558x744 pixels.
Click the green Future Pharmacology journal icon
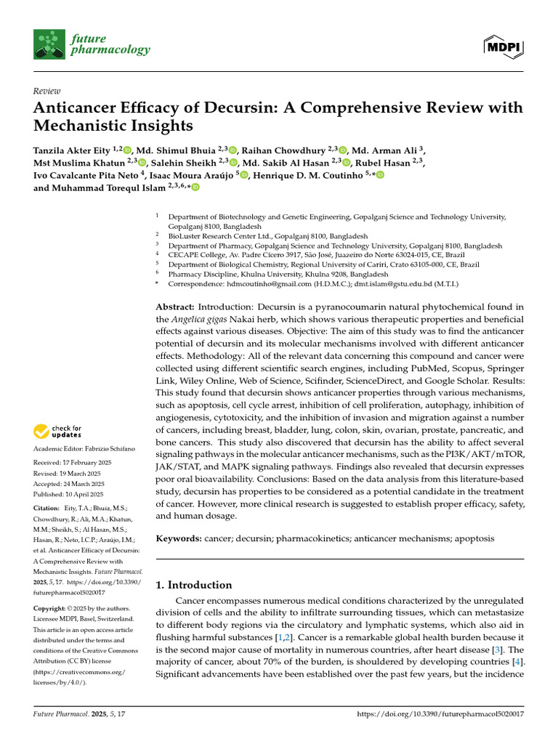coord(49,44)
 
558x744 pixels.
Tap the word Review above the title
coord(47,91)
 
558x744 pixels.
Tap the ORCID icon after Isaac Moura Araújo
coord(244,175)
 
